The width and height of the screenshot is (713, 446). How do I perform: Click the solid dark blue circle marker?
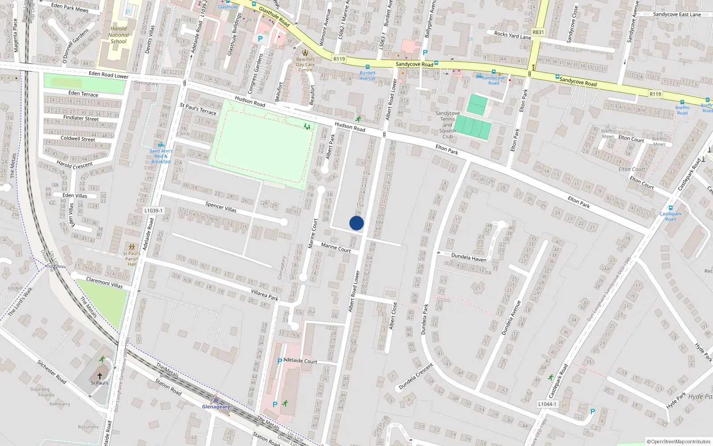(356, 223)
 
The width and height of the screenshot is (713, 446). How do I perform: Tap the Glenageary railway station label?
(216, 407)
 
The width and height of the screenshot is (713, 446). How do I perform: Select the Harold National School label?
(119, 35)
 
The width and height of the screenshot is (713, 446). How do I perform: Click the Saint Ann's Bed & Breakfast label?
(161, 156)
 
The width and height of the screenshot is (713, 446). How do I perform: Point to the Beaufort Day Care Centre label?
(305, 64)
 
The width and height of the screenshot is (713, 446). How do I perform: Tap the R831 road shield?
(538, 32)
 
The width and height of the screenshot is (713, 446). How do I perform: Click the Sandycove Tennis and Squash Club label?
(447, 125)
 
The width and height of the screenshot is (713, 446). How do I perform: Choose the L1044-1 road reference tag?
(547, 404)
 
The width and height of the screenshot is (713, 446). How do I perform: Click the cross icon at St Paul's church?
(100, 376)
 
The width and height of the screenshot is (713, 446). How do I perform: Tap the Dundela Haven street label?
(469, 257)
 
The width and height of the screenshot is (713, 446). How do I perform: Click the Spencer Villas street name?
(221, 207)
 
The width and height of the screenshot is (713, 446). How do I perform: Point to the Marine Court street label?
(336, 248)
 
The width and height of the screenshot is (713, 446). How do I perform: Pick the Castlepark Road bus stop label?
(671, 216)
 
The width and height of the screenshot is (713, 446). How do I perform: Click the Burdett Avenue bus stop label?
(368, 75)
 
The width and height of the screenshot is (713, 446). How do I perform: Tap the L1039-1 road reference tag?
(153, 211)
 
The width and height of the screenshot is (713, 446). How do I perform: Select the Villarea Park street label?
(265, 295)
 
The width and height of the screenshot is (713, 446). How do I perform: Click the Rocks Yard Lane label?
(512, 35)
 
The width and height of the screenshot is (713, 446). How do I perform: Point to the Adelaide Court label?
(300, 361)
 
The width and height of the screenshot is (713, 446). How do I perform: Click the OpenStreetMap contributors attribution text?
(679, 442)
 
